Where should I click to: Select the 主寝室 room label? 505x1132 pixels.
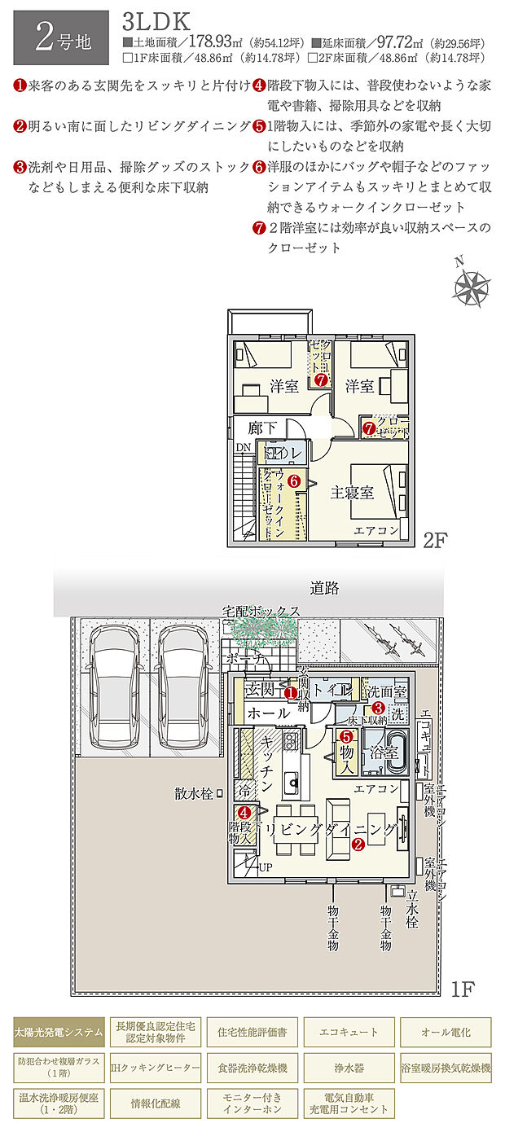pyautogui.click(x=352, y=493)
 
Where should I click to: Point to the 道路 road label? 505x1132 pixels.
pyautogui.click(x=324, y=587)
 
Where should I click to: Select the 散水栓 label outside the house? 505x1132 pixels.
pyautogui.click(x=193, y=792)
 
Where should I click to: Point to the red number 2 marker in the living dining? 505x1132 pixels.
pyautogui.click(x=358, y=845)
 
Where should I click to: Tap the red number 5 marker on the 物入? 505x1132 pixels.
pyautogui.click(x=345, y=735)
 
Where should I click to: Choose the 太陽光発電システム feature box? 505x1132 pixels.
pyautogui.click(x=59, y=1033)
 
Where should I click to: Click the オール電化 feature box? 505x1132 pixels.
pyautogui.click(x=445, y=1033)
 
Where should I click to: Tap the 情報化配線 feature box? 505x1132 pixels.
pyautogui.click(x=155, y=1103)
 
